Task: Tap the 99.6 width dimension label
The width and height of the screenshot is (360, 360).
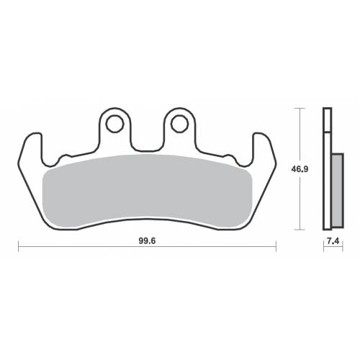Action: (147, 241)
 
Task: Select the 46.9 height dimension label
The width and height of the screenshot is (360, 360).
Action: (300, 169)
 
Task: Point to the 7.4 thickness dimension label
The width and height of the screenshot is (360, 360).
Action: (333, 241)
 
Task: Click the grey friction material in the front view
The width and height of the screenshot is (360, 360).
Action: (147, 191)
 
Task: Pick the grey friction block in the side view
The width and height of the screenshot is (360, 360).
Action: (338, 191)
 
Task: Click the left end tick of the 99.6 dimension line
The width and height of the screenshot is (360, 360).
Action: (19, 246)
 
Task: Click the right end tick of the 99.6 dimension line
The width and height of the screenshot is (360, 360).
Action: (276, 246)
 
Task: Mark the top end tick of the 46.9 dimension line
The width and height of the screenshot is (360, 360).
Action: (300, 109)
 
